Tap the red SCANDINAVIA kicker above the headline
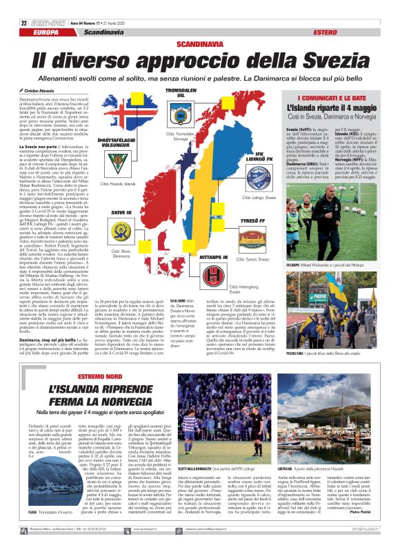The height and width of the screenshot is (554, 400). coord(199,43)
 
